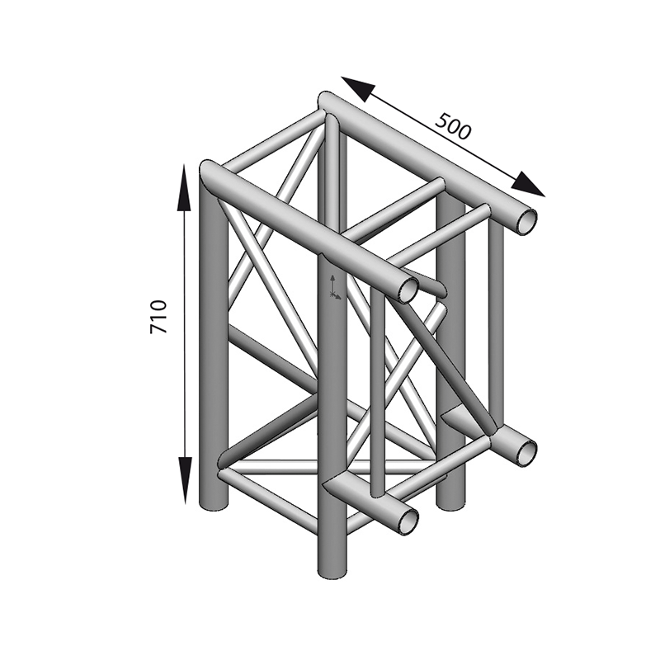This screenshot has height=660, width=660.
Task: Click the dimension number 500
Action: (452, 126)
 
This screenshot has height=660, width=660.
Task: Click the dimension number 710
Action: (158, 317)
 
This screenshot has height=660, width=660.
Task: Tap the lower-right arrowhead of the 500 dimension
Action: (528, 184)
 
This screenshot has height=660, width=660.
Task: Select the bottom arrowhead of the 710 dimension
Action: (185, 480)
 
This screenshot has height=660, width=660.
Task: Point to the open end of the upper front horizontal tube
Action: (408, 290)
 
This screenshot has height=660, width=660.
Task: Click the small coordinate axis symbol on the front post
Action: (334, 286)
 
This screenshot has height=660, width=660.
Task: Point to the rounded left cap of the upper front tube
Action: (209, 172)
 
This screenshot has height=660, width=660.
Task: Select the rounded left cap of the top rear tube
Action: (327, 101)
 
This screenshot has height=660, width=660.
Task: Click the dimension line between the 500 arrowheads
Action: (443, 136)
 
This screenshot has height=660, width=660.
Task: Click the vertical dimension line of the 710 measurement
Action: (185, 333)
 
